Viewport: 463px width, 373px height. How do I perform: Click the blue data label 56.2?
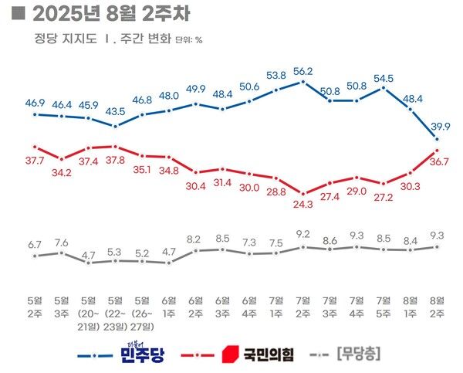coord(303,71)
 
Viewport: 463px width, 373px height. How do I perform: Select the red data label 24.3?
coord(303,205)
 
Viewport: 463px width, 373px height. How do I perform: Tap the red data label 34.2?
coord(62,171)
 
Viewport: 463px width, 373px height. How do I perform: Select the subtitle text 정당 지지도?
coord(62,39)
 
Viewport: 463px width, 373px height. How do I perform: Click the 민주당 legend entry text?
coord(147,354)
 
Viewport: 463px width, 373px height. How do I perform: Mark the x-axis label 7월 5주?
coord(384,306)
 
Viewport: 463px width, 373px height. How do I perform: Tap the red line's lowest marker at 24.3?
coord(303,193)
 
